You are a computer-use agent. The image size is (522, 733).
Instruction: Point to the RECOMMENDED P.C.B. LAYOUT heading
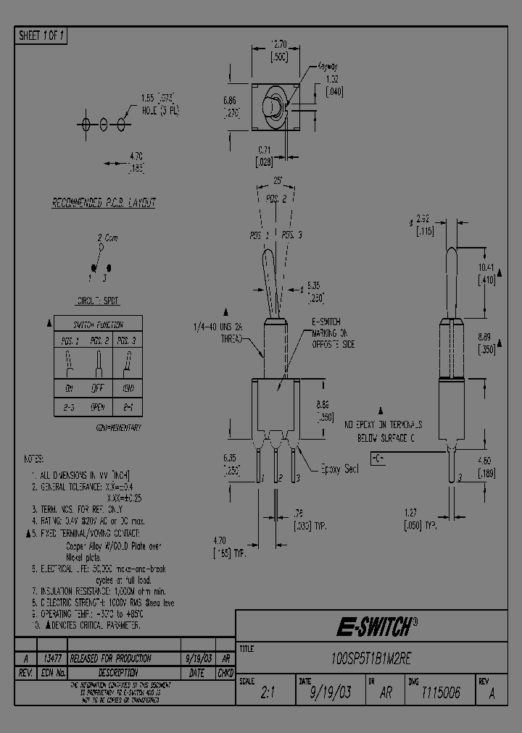point(104,204)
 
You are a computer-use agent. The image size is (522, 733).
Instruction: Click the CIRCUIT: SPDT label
point(97,301)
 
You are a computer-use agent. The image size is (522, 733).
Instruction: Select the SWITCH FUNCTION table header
point(99,324)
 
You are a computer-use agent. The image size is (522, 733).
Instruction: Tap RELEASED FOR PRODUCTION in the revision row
point(115,658)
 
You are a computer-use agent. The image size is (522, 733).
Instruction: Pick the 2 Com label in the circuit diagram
point(107,238)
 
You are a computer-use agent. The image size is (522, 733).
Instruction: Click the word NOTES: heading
point(33,458)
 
